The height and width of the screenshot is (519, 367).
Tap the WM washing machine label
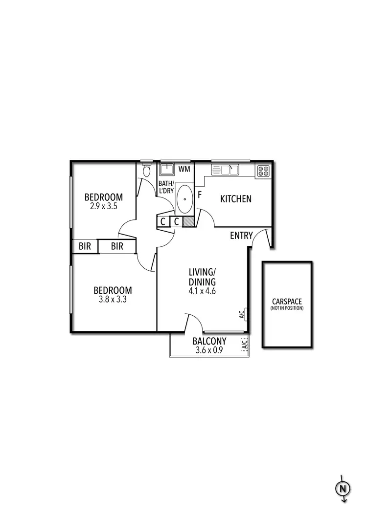pyautogui.click(x=184, y=169)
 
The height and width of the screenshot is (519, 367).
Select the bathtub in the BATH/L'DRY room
pyautogui.click(x=184, y=199)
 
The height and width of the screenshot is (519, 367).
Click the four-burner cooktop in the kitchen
pyautogui.click(x=263, y=171)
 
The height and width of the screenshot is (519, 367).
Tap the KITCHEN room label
pyautogui.click(x=236, y=199)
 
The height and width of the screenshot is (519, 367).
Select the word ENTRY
pyautogui.click(x=241, y=236)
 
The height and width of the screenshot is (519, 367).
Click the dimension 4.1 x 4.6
pyautogui.click(x=203, y=290)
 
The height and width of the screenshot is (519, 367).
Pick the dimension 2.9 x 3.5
pyautogui.click(x=103, y=206)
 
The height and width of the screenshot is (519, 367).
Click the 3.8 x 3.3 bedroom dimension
pyautogui.click(x=113, y=300)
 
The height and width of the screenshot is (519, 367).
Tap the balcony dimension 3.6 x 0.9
pyautogui.click(x=209, y=350)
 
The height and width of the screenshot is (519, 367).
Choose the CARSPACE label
pyautogui.click(x=287, y=302)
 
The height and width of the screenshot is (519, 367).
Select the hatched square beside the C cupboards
pyautogui.click(x=189, y=221)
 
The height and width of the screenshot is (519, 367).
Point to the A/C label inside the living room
pyautogui.click(x=242, y=314)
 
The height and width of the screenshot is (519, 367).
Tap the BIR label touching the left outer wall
pyautogui.click(x=85, y=246)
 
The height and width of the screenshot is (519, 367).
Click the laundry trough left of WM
pyautogui.click(x=167, y=169)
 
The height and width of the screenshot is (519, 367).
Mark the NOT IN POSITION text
pyautogui.click(x=287, y=308)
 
